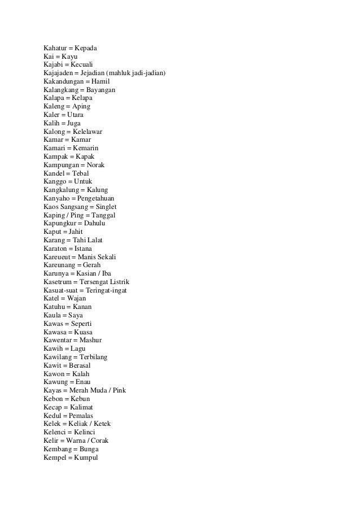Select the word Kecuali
[85, 65]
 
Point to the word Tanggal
[103, 215]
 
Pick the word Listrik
[117, 282]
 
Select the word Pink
[118, 391]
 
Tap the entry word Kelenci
[56, 432]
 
